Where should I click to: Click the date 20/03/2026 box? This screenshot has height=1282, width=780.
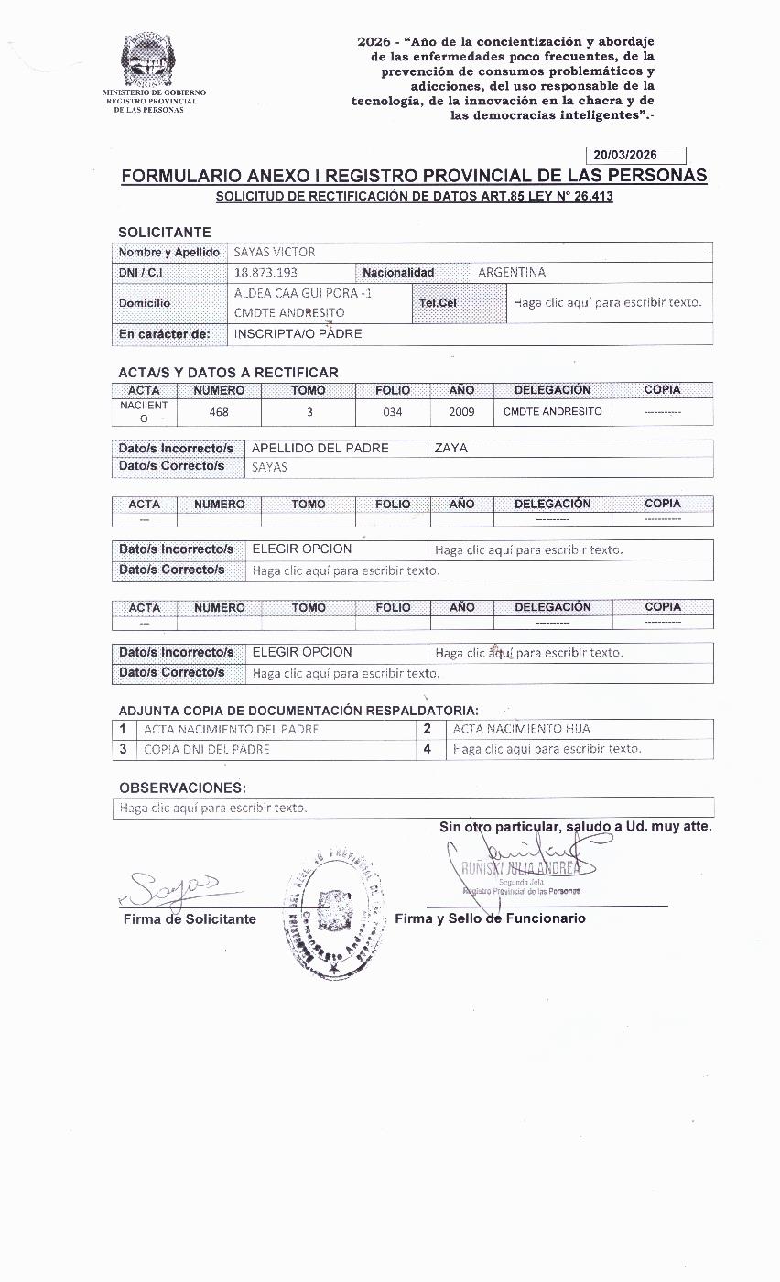click(x=634, y=156)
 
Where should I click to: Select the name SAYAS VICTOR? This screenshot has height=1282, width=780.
click(x=275, y=253)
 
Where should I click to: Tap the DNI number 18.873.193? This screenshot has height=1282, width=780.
click(x=265, y=273)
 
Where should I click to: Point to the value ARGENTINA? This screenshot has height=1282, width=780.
click(x=512, y=273)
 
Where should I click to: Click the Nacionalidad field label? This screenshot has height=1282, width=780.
click(x=398, y=273)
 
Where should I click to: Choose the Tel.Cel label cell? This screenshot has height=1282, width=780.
click(x=439, y=303)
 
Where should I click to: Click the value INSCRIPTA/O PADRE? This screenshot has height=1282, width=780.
click(x=298, y=334)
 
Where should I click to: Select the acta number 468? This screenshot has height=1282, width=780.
click(x=219, y=412)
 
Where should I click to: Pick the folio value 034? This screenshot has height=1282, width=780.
click(x=393, y=412)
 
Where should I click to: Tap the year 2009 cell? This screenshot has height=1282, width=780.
click(x=462, y=412)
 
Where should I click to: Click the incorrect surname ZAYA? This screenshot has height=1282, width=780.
click(x=452, y=449)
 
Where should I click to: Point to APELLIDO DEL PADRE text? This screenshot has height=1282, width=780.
click(x=320, y=449)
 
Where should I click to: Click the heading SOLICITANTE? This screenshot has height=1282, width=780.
click(x=165, y=233)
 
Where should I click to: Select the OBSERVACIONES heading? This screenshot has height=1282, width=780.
click(x=182, y=788)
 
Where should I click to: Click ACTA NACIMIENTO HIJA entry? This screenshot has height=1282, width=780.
click(x=522, y=730)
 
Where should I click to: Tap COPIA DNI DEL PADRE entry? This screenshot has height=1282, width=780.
click(x=207, y=750)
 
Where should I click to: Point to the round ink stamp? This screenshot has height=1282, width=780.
click(x=332, y=907)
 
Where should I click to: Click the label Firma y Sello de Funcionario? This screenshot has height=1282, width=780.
click(x=490, y=918)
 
